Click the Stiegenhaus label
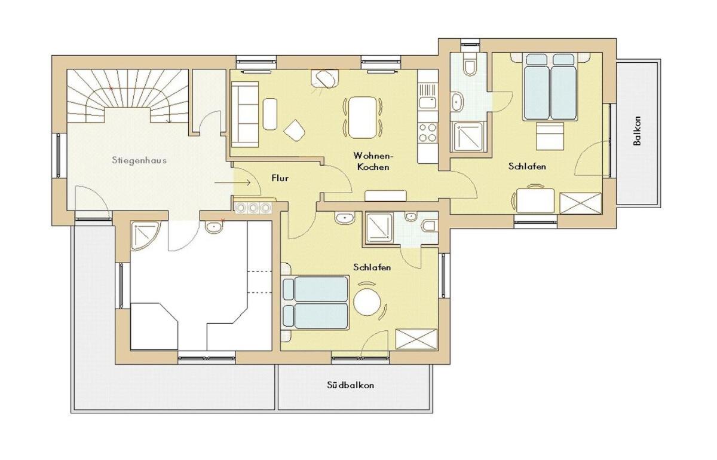pos(139,160)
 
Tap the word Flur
pos(280,178)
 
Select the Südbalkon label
pos(351,385)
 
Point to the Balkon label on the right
pos(637,131)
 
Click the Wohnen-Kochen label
pos(373,162)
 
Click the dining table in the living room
pos(363,118)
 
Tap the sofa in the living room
pos(245,114)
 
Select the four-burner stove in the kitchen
pos(428,132)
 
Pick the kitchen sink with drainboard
pos(428,96)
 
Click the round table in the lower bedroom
pos(367,302)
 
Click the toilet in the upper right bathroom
pos(470,65)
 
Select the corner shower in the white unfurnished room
pos(145,236)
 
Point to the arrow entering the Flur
pos(232,182)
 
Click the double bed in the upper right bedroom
pos(550,87)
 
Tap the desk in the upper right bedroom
pos(536,200)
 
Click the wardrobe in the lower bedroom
pos(416,339)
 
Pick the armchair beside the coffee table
pos(294,130)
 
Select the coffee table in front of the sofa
pos(270,114)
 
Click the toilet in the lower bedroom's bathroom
pos(430,226)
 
